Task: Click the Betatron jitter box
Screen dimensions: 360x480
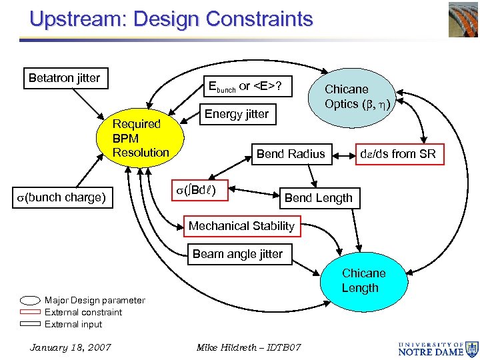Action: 64,78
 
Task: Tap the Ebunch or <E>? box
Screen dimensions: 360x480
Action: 245,86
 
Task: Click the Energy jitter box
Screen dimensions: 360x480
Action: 236,114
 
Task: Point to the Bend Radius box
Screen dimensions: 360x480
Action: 291,154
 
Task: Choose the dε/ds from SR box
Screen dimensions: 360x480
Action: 397,154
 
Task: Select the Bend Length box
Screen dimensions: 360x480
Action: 318,198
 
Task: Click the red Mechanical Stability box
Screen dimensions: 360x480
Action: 241,226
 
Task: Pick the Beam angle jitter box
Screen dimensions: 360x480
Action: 237,254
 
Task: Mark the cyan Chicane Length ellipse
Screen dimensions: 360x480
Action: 363,281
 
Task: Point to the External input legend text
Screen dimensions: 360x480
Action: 73,325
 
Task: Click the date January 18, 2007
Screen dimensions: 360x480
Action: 71,347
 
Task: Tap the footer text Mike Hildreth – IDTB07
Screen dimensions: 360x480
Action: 249,347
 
